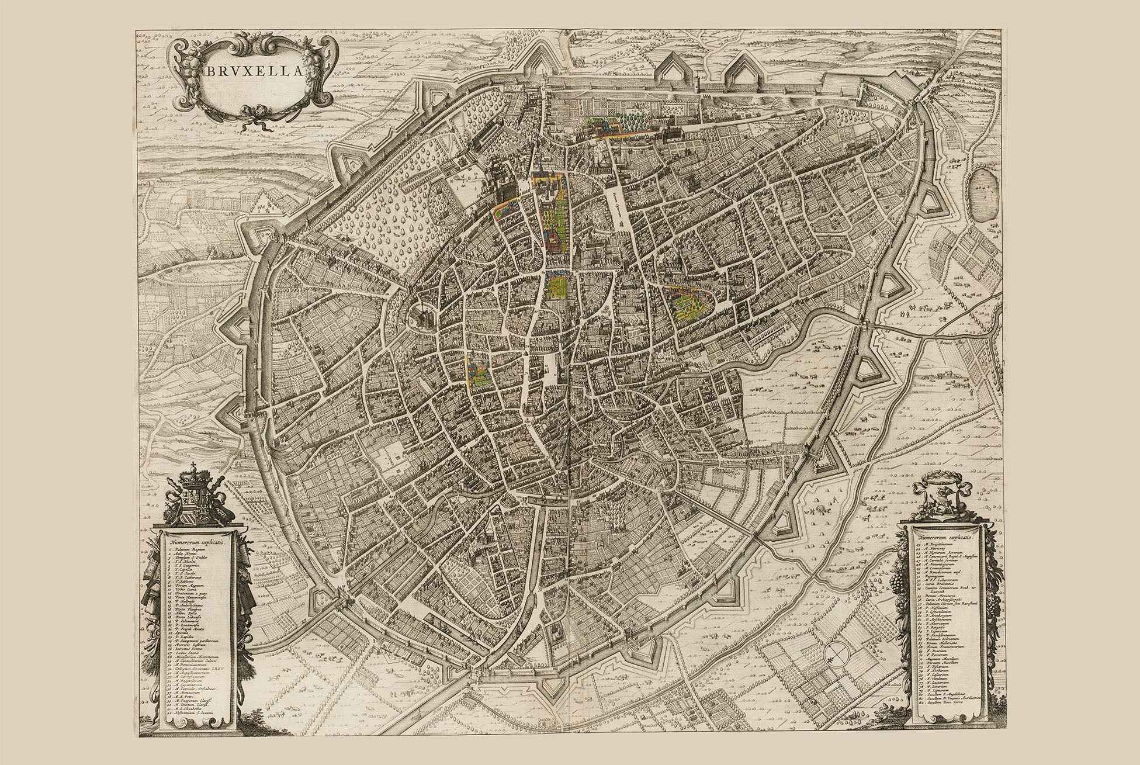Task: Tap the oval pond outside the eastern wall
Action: point(983,195)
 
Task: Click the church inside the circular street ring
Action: point(425,319)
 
